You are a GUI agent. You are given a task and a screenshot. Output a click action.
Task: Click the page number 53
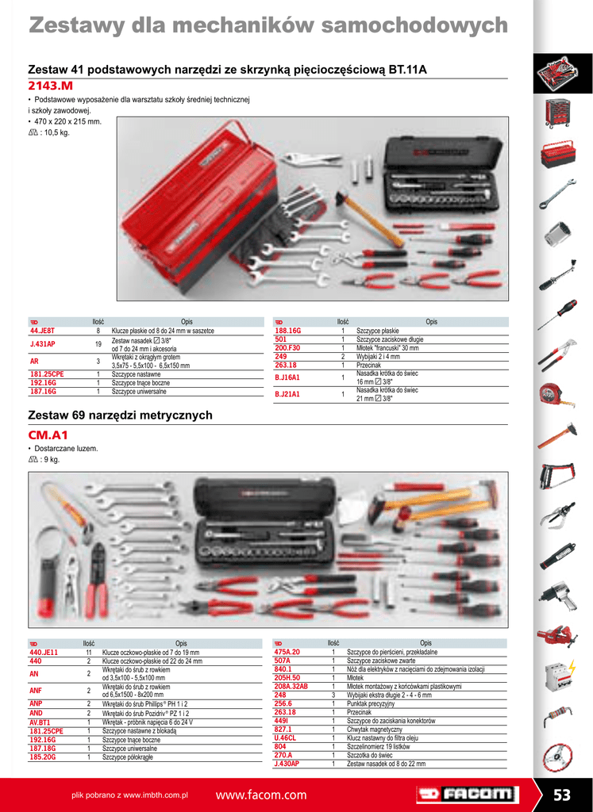[x=562, y=795]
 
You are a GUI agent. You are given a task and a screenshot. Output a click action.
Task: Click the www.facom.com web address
[x=260, y=795]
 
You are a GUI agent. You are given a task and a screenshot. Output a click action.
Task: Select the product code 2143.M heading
[x=50, y=86]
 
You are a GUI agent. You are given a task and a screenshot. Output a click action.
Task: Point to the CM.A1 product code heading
[x=48, y=435]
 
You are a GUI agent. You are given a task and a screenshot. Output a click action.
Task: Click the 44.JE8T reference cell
[x=42, y=331]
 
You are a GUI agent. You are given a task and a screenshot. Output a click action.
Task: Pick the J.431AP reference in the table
[x=42, y=344]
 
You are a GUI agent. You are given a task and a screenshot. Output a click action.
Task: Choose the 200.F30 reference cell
[x=287, y=348]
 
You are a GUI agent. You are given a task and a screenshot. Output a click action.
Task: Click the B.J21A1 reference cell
[x=287, y=394]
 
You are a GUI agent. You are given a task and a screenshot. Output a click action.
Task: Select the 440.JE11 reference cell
[x=44, y=652]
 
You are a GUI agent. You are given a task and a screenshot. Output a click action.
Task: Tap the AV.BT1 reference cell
[x=40, y=722]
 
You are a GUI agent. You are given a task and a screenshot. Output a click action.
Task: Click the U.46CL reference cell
[x=286, y=737]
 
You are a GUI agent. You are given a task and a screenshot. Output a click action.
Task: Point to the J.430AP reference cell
[x=287, y=764]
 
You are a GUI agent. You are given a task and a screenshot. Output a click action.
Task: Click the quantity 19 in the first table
[x=98, y=344]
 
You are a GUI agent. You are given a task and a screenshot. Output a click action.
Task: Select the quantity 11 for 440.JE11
[x=89, y=652]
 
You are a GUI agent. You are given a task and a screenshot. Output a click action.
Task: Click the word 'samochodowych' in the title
[x=420, y=26]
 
